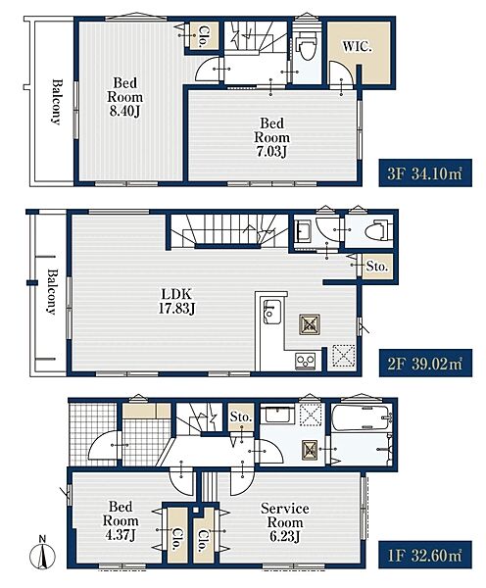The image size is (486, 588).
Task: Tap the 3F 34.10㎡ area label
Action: click(425, 173)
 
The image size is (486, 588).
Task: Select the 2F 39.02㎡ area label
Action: click(425, 363)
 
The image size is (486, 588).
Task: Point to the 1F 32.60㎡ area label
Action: click(425, 555)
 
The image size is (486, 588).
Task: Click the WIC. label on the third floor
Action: click(357, 47)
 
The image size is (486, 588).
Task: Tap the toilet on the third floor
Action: click(307, 45)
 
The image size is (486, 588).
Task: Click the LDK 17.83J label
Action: click(176, 301)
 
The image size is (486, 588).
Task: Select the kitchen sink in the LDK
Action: click(271, 312)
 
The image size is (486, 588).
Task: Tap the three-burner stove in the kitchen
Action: click(306, 361)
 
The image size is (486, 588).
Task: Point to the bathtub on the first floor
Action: click(362, 417)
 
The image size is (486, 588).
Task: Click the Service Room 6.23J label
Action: click(284, 522)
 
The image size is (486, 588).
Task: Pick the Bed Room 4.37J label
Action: click(121, 521)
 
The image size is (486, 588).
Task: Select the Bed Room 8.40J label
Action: click(124, 97)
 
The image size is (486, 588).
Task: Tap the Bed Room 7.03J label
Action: click(271, 137)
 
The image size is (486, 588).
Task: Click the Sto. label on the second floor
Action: click(376, 267)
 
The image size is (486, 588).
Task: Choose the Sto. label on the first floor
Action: click(241, 416)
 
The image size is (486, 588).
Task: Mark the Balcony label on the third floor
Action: click(56, 101)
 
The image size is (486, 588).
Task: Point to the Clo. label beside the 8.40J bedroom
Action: click(203, 36)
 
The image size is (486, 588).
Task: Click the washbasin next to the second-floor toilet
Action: click(303, 228)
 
